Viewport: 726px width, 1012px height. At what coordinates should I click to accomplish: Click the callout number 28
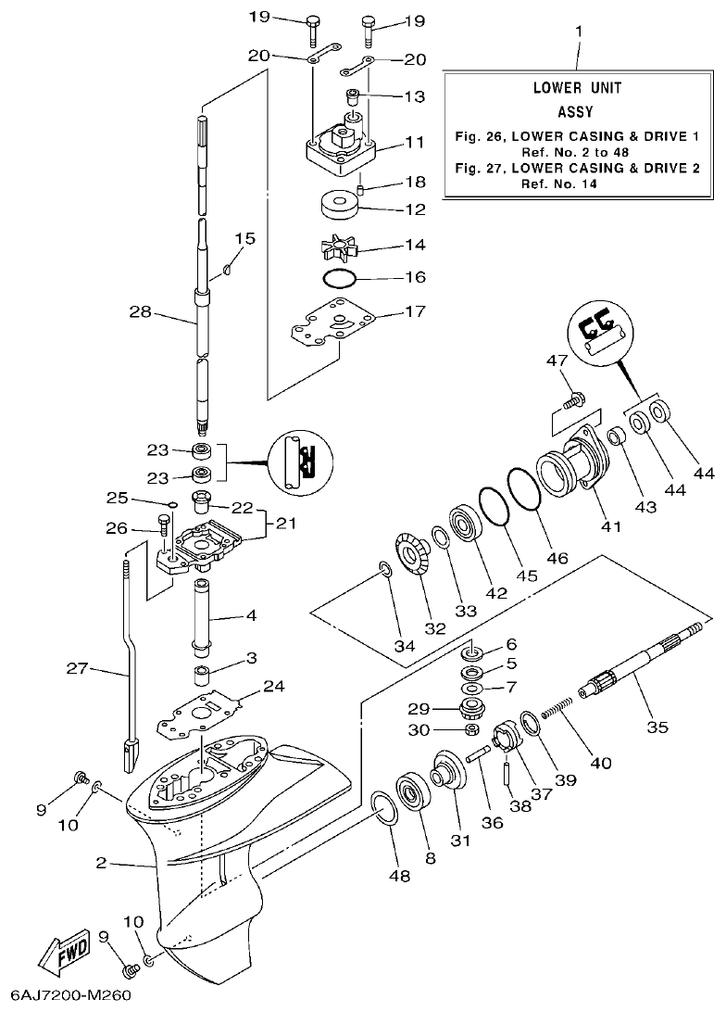[140, 313]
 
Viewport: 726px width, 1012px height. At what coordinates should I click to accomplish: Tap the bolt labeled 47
[573, 399]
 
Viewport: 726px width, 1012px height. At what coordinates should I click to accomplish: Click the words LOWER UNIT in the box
[576, 88]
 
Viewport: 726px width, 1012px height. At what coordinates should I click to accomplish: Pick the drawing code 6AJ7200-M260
[66, 997]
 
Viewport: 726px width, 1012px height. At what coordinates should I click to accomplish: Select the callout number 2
[102, 864]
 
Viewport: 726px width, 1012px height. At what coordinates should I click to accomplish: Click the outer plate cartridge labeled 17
[334, 324]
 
